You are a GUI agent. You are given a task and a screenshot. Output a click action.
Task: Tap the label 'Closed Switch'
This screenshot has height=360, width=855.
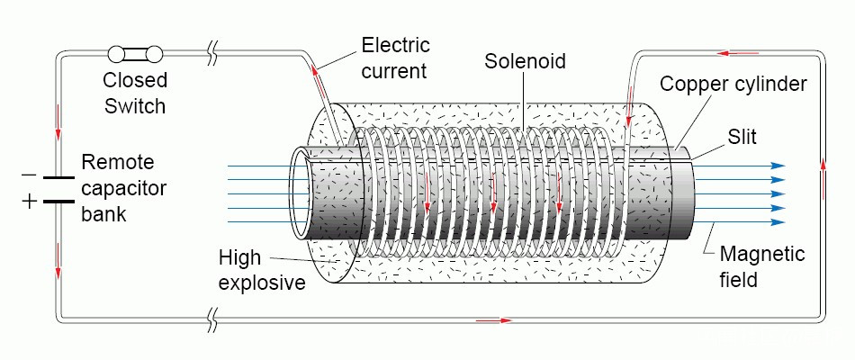(x=136, y=94)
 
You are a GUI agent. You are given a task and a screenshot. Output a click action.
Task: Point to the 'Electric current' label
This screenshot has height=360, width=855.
(x=396, y=58)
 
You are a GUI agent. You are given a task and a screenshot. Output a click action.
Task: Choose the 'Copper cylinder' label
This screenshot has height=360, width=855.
(x=733, y=85)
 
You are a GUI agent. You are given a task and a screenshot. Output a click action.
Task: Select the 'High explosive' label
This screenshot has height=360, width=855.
(x=262, y=271)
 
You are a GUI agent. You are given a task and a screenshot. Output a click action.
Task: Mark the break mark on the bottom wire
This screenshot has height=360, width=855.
(x=213, y=318)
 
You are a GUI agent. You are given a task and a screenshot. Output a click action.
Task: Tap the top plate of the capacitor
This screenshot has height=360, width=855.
(x=58, y=177)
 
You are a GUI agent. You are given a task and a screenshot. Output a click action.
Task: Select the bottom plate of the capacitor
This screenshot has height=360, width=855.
(x=58, y=200)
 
